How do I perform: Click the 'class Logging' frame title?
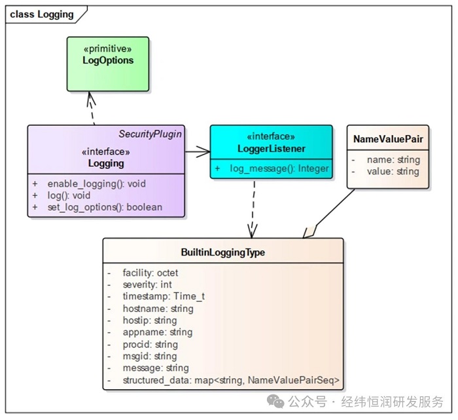click(x=42, y=14)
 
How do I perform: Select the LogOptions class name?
click(x=108, y=60)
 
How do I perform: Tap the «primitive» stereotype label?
click(x=108, y=48)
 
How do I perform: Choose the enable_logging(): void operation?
click(x=96, y=183)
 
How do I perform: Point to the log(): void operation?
click(x=68, y=195)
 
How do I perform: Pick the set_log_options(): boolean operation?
click(x=104, y=207)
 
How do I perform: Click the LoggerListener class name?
click(x=271, y=149)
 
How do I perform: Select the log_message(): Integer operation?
click(x=279, y=168)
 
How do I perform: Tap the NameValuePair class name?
click(x=387, y=139)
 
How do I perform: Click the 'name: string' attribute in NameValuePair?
click(x=393, y=159)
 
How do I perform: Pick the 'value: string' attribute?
click(x=393, y=171)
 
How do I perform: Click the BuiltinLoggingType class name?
click(x=222, y=252)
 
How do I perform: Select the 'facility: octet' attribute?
click(x=150, y=273)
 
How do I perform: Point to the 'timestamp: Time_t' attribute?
click(x=163, y=296)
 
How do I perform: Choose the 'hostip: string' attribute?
click(x=149, y=320)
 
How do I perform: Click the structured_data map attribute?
click(x=230, y=380)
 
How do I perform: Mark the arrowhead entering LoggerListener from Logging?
click(x=204, y=151)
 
